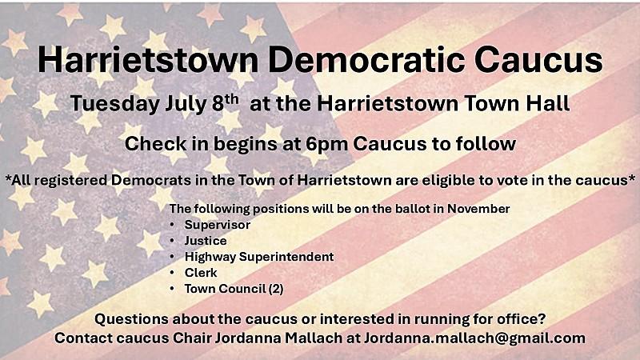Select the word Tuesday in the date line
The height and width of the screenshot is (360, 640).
click(114, 104)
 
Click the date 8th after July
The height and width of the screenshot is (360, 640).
click(226, 102)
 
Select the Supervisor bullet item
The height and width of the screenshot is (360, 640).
click(217, 225)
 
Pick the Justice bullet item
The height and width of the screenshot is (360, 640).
click(206, 241)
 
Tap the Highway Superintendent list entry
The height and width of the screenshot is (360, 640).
click(259, 257)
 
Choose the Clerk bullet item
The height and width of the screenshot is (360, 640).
click(201, 273)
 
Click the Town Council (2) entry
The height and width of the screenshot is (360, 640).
click(234, 289)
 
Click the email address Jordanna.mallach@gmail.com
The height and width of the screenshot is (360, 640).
click(474, 338)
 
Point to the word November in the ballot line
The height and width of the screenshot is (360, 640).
click(478, 209)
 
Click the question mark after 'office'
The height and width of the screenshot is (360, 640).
click(542, 318)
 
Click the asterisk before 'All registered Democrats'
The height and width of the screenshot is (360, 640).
click(8, 178)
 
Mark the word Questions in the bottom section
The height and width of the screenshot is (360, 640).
click(131, 319)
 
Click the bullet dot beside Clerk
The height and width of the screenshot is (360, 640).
click(172, 273)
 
